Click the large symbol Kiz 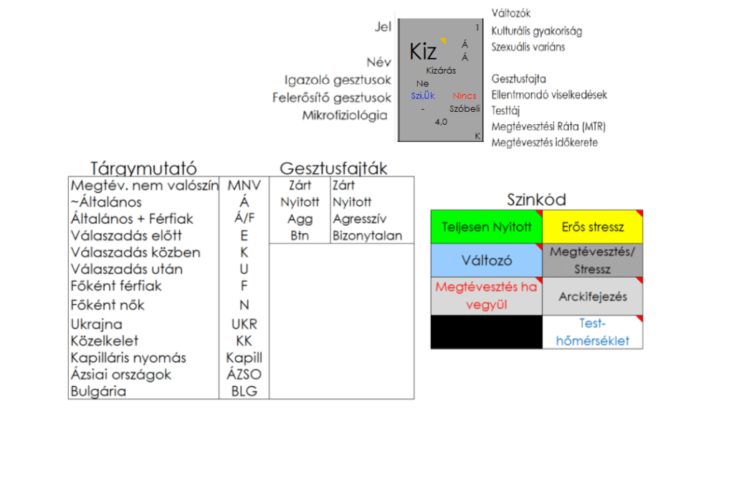[423, 52]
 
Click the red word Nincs [464, 95]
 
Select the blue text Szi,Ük [423, 95]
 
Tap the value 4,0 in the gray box [441, 122]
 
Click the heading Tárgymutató [143, 169]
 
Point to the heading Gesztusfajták [333, 169]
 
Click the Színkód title [536, 199]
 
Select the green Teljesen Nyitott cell [486, 227]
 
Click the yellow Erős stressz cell [593, 227]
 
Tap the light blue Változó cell [486, 260]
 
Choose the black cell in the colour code [486, 332]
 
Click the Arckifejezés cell [593, 296]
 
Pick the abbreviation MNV [244, 186]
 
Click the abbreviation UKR [244, 324]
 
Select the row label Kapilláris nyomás [128, 357]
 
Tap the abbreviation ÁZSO [244, 374]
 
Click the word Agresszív [359, 219]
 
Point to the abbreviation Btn [300, 235]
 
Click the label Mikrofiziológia [345, 115]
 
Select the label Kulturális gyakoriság [536, 31]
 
